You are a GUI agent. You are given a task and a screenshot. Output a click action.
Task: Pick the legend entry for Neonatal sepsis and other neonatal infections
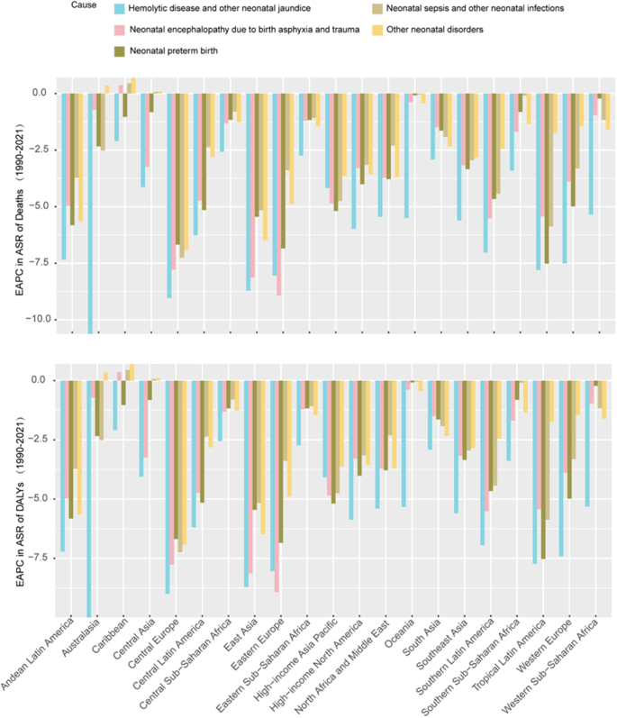pyautogui.click(x=462, y=9)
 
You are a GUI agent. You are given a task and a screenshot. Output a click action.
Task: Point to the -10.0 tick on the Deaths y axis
pyautogui.click(x=39, y=319)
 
